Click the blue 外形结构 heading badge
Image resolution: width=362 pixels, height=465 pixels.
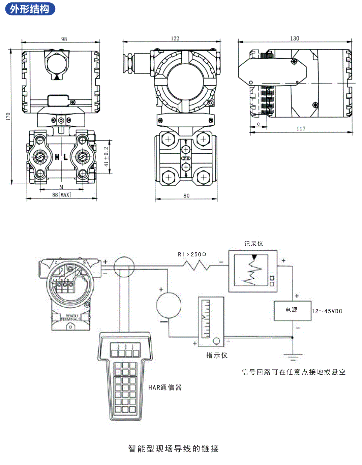(30, 9)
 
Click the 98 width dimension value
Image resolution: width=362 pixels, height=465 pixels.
(64, 39)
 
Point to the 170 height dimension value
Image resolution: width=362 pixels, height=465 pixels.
(8, 117)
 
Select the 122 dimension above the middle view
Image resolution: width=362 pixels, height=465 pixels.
(175, 38)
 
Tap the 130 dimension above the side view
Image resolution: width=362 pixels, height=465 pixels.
(295, 38)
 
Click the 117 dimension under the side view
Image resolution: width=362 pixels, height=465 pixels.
(301, 129)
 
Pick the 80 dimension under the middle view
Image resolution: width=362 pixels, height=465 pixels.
(186, 196)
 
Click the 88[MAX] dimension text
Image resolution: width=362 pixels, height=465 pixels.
(62, 195)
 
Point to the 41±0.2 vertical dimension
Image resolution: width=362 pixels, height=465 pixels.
(107, 156)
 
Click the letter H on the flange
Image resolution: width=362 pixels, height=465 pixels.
(57, 157)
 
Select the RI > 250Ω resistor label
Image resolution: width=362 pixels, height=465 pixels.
(192, 254)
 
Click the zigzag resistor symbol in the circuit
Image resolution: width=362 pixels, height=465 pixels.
(196, 266)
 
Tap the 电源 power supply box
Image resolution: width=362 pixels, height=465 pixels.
(292, 310)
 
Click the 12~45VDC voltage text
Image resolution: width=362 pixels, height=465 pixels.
(327, 311)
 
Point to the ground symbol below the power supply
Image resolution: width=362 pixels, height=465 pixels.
(293, 356)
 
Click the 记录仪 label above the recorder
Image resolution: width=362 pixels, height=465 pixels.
(253, 244)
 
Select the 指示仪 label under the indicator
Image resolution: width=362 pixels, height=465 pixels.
(217, 355)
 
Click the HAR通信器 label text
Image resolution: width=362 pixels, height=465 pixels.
(165, 387)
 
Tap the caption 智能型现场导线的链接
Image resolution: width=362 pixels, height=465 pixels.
(174, 448)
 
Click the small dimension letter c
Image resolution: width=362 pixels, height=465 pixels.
(259, 124)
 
